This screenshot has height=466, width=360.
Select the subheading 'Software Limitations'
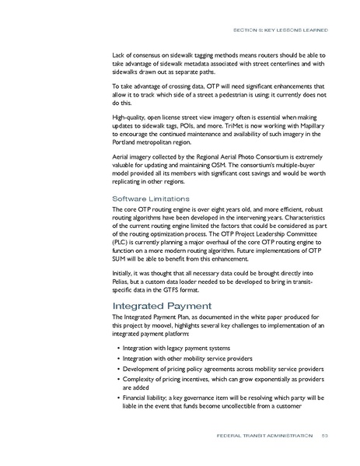[146, 198]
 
